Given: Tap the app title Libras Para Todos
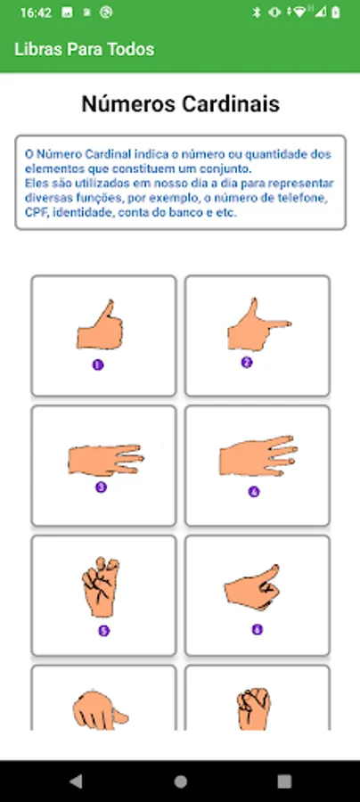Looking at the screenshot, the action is (x=85, y=49).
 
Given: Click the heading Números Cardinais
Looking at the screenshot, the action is (x=181, y=104).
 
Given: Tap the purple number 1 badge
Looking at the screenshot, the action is (x=98, y=364).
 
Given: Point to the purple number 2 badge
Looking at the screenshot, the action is (x=247, y=363).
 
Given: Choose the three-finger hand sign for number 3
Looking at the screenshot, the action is (x=106, y=460).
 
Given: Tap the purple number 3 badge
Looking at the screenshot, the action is (x=102, y=487).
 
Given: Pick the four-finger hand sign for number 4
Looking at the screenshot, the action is (x=258, y=455).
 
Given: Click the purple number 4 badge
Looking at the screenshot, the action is (x=254, y=492).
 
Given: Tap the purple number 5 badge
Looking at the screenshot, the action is (x=103, y=631).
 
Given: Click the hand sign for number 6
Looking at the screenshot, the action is (x=252, y=588).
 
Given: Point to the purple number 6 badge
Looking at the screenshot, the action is (x=258, y=629).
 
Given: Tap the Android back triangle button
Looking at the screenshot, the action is (x=76, y=781).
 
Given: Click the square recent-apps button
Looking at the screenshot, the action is (x=284, y=781).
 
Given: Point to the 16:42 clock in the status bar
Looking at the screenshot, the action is (x=36, y=12).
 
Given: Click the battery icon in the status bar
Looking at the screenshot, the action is (x=335, y=12).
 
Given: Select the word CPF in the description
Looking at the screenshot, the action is (x=36, y=213).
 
